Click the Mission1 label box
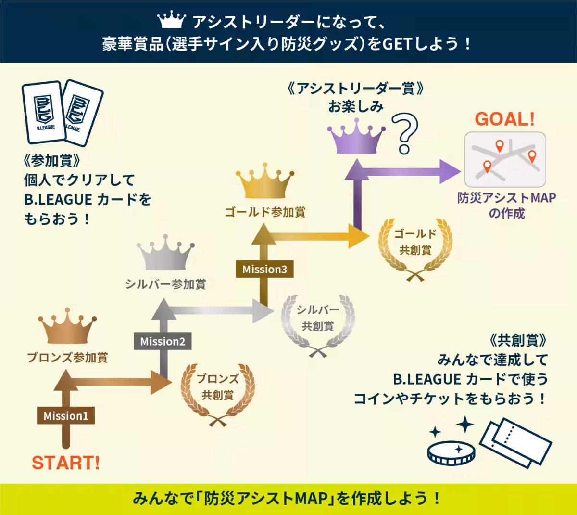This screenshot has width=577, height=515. coord(66,415)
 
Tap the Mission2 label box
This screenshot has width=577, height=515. coord(163,341)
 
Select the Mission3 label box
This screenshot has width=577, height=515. coord(264,269)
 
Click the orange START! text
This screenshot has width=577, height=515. coord(66,463)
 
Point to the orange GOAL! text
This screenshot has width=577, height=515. coord(505,119)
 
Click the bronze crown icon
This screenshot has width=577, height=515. coord(67,326)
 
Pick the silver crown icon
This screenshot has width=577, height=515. coord(165,252)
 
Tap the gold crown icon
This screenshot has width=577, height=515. coord(265,180)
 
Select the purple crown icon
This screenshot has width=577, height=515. coord(356,136)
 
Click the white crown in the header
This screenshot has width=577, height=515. coord(172,19)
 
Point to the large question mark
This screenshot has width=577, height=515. coord(405,133)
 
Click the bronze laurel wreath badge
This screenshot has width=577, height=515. coord(218,395)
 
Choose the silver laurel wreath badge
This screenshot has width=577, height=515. coord(318,326)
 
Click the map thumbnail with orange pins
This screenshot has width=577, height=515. coord(505,159)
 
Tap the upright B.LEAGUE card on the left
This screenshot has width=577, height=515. coord(44,112)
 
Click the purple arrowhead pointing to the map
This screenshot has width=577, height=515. coord(450,171)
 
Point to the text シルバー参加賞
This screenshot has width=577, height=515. coord(165,284)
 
